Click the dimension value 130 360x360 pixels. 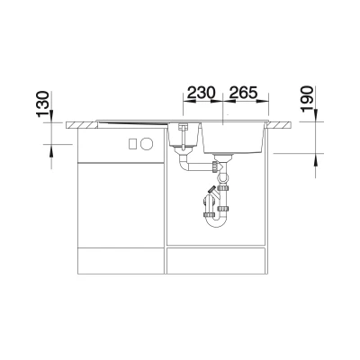[42, 103]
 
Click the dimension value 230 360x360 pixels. [202, 93]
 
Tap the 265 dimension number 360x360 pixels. [243, 93]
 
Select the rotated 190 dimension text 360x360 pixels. [307, 99]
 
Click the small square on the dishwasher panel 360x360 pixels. [133, 144]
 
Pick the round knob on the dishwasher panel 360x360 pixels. [147, 144]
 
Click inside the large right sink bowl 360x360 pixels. [233, 138]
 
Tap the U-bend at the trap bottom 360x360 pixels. [215, 222]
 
